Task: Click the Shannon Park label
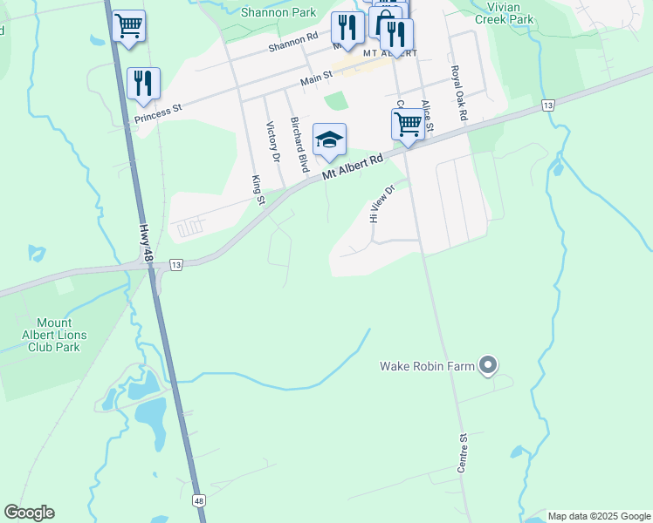[279, 13]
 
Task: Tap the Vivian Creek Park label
[509, 12]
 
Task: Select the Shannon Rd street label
[293, 42]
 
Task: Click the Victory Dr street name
[272, 141]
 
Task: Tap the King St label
[258, 190]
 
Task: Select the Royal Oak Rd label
[460, 92]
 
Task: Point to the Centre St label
[464, 454]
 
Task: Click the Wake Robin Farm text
[427, 366]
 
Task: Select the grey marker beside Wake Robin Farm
[489, 365]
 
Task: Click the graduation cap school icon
[329, 139]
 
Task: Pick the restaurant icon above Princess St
[143, 83]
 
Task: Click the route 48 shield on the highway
[200, 501]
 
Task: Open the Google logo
[30, 513]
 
